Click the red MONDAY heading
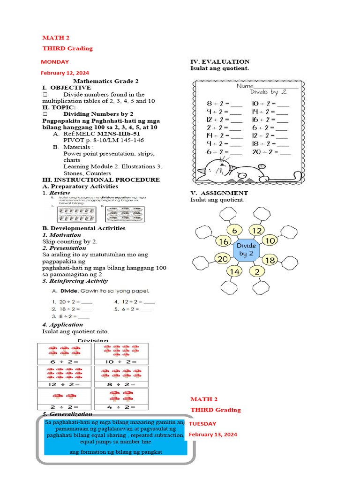coord(55,62)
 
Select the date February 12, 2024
coord(65,73)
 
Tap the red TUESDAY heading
coord(202,424)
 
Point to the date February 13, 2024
coord(213,435)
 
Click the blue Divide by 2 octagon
coord(246,250)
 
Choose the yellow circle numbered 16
coord(224,241)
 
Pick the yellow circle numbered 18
coord(270,260)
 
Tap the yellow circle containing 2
coord(257,271)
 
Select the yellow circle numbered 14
coord(235,271)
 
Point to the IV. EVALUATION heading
coord(219,61)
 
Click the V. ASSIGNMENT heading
coord(219,193)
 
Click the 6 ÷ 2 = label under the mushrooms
coord(65,362)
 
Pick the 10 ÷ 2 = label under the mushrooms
coord(121,362)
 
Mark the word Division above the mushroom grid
coord(93,340)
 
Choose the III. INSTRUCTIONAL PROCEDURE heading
coord(101,180)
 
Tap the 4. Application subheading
coord(62,324)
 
